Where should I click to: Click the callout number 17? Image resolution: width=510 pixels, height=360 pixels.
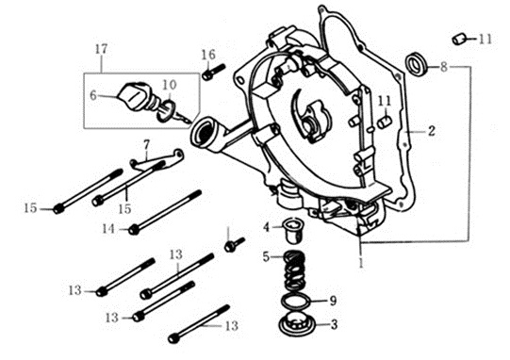coord(101,49)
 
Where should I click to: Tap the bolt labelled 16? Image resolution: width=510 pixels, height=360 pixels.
coord(213,72)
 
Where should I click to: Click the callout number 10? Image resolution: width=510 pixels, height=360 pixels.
coord(169,85)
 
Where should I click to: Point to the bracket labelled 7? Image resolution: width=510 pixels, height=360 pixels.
coord(157,159)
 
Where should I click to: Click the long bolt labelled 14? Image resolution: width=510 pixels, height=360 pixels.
coord(165,212)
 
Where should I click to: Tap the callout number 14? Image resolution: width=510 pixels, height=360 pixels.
coord(108,229)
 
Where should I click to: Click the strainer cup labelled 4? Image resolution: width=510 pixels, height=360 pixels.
coord(292,230)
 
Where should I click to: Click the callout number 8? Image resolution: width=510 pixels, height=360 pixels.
coord(444,68)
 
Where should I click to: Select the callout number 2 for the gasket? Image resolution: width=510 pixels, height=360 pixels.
coord(432,131)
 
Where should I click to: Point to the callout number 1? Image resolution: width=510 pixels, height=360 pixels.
coord(361,263)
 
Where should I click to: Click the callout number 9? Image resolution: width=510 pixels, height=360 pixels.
coord(333,301)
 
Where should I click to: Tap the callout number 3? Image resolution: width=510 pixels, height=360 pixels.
coord(334,324)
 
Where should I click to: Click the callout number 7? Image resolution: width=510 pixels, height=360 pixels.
coord(146,145)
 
